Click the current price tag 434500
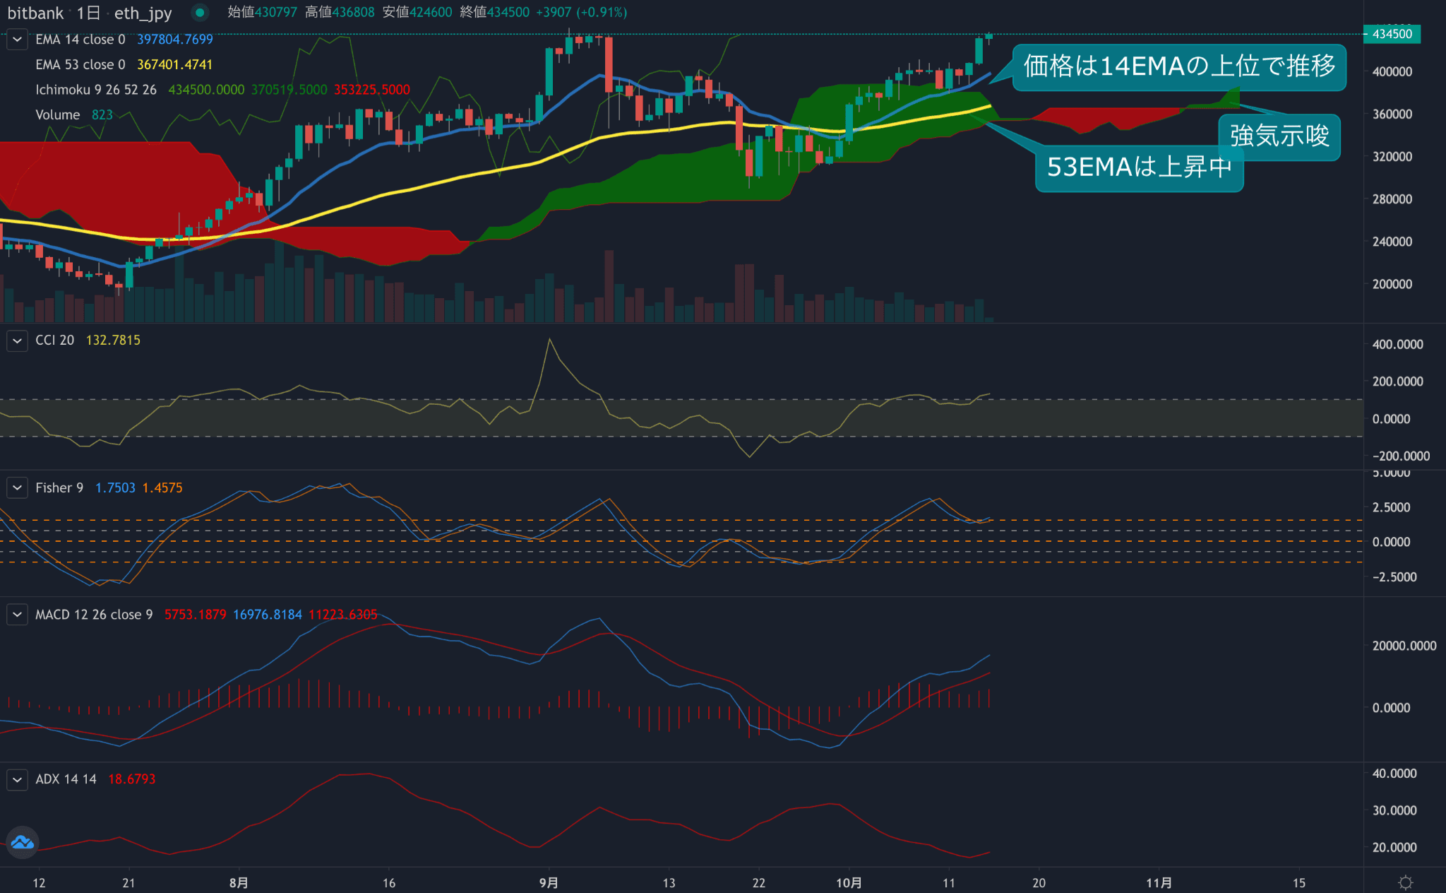[x=1391, y=34]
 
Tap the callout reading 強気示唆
[x=1279, y=136]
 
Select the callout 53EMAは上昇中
[x=1138, y=167]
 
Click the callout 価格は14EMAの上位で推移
[x=1178, y=66]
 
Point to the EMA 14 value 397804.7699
[x=174, y=40]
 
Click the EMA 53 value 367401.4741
[x=174, y=65]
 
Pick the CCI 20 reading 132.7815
[x=113, y=341]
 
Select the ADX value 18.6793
[x=131, y=779]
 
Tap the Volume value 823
[x=102, y=115]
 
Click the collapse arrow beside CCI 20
[x=17, y=341]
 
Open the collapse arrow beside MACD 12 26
[x=17, y=615]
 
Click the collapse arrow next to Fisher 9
[x=17, y=488]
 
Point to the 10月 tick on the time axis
[x=849, y=883]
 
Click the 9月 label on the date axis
[x=549, y=883]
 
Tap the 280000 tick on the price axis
[x=1392, y=199]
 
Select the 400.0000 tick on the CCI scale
[x=1397, y=345]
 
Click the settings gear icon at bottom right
[x=1405, y=882]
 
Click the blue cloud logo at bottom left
[x=22, y=842]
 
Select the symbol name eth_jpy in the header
[x=143, y=13]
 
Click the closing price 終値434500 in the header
[x=494, y=12]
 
